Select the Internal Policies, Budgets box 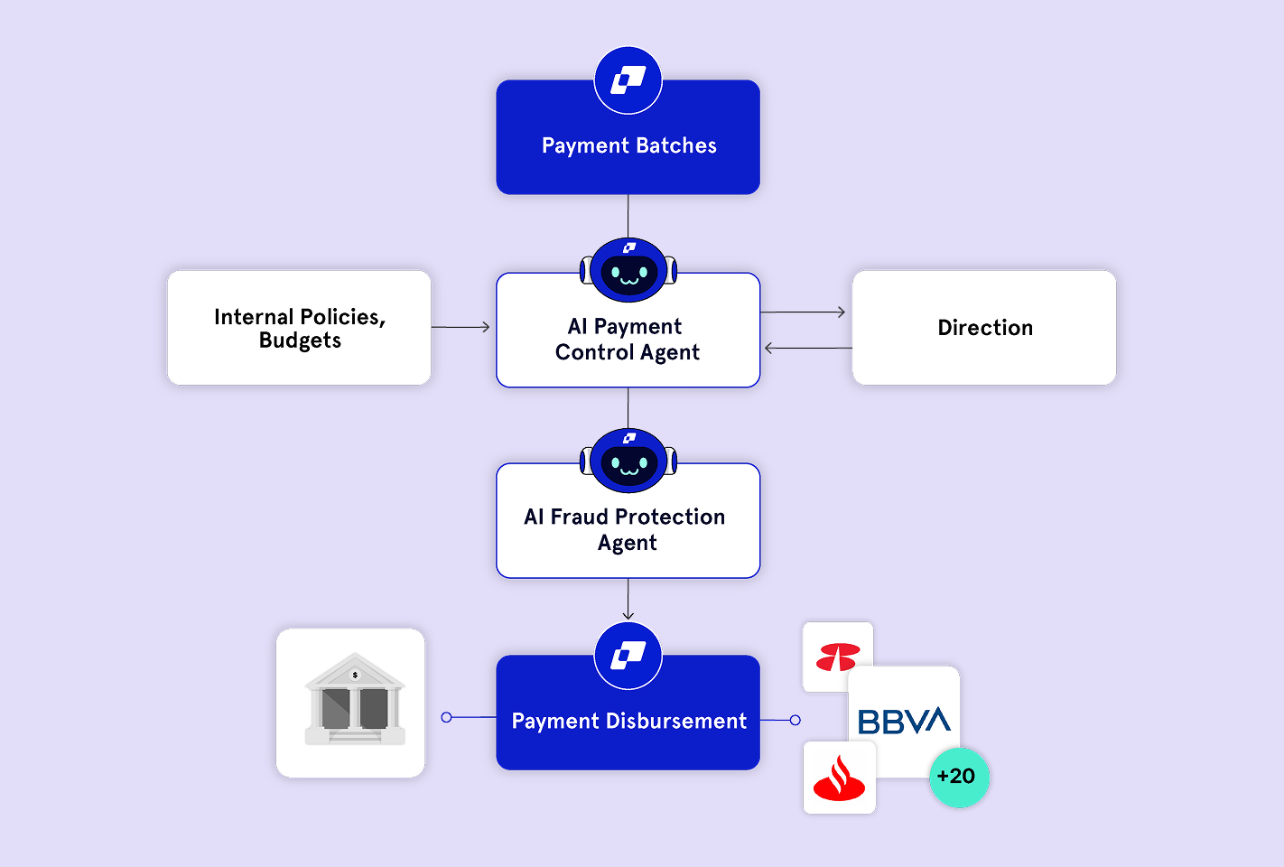(x=299, y=328)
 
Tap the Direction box (x=984, y=328)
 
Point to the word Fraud (x=579, y=517)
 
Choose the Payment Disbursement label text (x=628, y=721)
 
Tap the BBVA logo (x=904, y=721)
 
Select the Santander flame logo (x=839, y=778)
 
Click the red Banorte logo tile (x=837, y=657)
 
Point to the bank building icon (x=354, y=701)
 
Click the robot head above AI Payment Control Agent (x=628, y=269)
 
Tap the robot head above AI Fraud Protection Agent (x=628, y=461)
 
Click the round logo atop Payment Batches (x=628, y=80)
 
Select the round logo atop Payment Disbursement (x=628, y=655)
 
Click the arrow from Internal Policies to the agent (x=461, y=327)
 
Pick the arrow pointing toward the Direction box (x=804, y=312)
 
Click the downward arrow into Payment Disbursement (x=628, y=600)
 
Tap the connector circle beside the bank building (x=446, y=717)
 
